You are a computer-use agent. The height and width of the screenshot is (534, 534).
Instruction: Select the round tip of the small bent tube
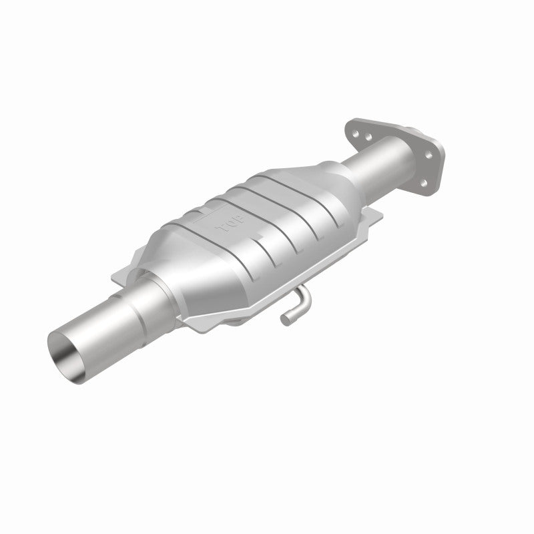pos(285,321)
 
